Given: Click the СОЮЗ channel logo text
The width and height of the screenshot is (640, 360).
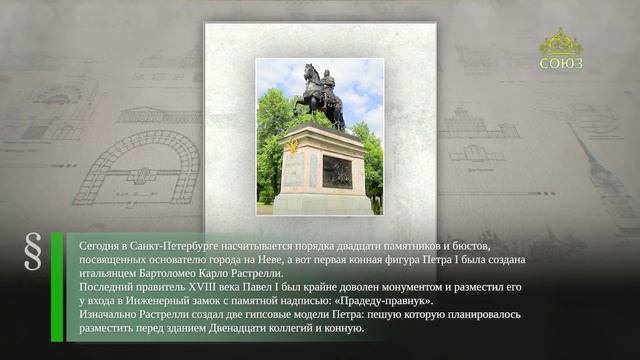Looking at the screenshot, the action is (x=561, y=63).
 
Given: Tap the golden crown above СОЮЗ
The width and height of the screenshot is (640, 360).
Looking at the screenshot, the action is (x=561, y=42).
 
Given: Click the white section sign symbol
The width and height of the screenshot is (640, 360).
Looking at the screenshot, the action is (x=33, y=251).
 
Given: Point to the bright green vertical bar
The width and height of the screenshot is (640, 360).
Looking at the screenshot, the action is (x=57, y=287).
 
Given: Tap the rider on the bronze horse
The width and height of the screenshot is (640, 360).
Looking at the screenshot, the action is (x=327, y=84).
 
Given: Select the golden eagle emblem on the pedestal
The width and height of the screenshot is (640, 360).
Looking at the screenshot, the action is (x=293, y=146).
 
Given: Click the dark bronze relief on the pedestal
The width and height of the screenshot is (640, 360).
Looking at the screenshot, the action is (x=337, y=172).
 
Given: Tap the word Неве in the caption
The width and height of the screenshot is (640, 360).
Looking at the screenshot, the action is (x=268, y=260).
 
